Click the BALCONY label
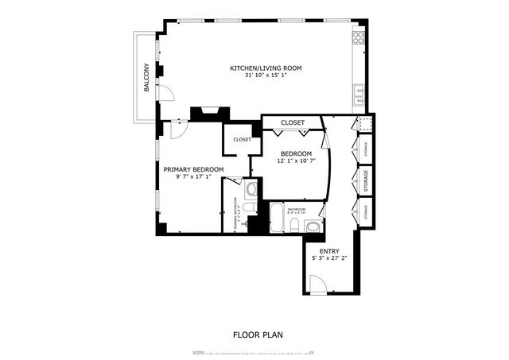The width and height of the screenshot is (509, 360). pyautogui.click(x=146, y=77)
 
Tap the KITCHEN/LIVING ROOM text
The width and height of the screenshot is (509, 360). pyautogui.click(x=266, y=69)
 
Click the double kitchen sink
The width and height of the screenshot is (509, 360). pyautogui.click(x=359, y=96)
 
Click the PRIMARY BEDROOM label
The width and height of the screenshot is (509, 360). pyautogui.click(x=193, y=169)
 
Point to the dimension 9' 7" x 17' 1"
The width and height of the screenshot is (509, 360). pyautogui.click(x=193, y=178)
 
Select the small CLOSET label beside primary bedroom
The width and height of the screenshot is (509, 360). pyautogui.click(x=242, y=140)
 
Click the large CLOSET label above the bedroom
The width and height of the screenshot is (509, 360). pyautogui.click(x=293, y=122)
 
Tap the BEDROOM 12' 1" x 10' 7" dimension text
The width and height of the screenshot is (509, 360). pyautogui.click(x=296, y=161)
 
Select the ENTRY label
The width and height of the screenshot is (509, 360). pyautogui.click(x=329, y=250)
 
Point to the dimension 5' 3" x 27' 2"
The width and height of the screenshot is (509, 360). pyautogui.click(x=329, y=258)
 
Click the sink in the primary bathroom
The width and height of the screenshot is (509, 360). pyautogui.click(x=251, y=189)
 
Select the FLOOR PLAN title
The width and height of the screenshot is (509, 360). pyautogui.click(x=258, y=335)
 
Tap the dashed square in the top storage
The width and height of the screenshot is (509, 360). pyautogui.click(x=364, y=124)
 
